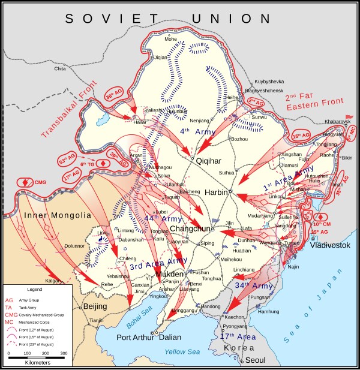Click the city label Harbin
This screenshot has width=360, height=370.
click(222, 193)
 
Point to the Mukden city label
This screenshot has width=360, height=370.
click(168, 275)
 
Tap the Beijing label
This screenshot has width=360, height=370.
click(95, 307)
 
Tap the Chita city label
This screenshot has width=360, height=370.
click(59, 69)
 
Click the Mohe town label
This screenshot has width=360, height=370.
click(172, 40)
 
